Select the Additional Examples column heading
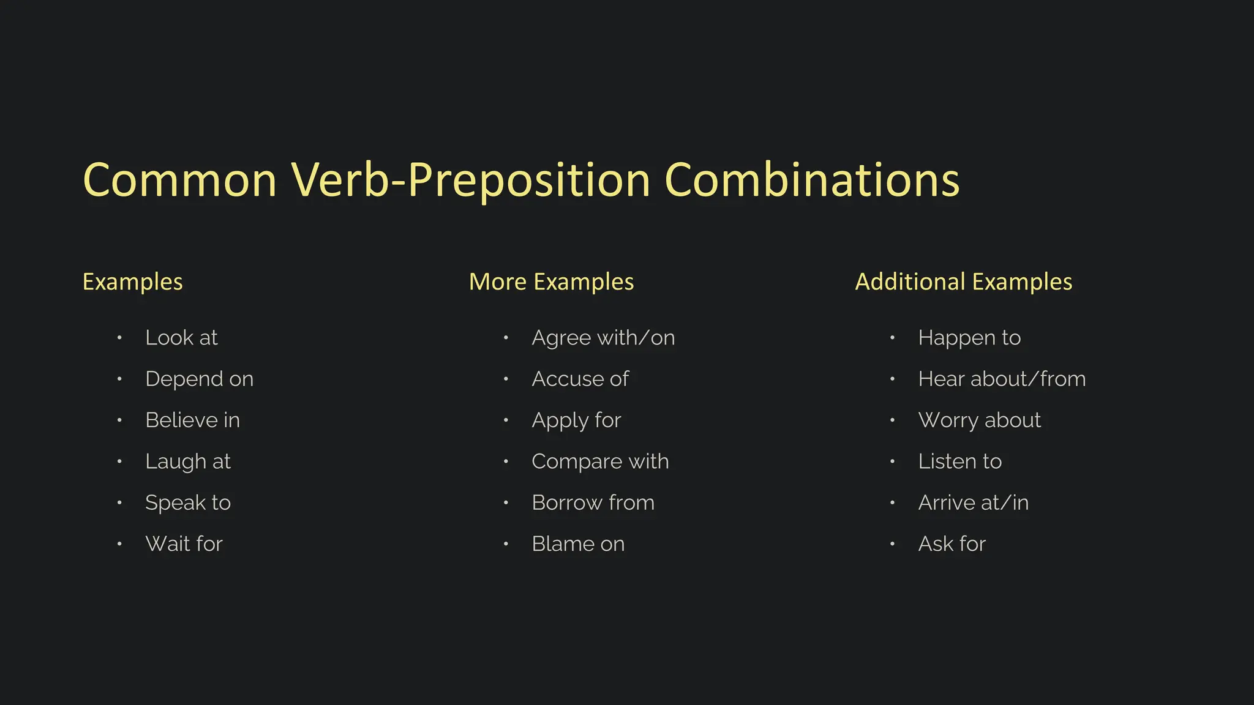(x=963, y=282)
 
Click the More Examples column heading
(x=551, y=282)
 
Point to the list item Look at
(x=181, y=338)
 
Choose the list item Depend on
(x=199, y=379)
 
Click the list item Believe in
(x=192, y=420)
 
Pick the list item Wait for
(x=184, y=544)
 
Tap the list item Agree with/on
(x=603, y=338)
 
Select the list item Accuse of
(x=580, y=379)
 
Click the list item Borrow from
(x=593, y=503)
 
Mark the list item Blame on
(x=578, y=544)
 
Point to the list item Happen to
(x=969, y=338)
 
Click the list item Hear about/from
(x=1002, y=379)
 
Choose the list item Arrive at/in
(x=973, y=503)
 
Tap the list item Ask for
(x=952, y=544)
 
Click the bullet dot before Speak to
(x=119, y=503)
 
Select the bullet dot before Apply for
(x=506, y=420)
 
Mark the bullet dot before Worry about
(x=892, y=420)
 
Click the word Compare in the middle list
(x=576, y=462)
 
